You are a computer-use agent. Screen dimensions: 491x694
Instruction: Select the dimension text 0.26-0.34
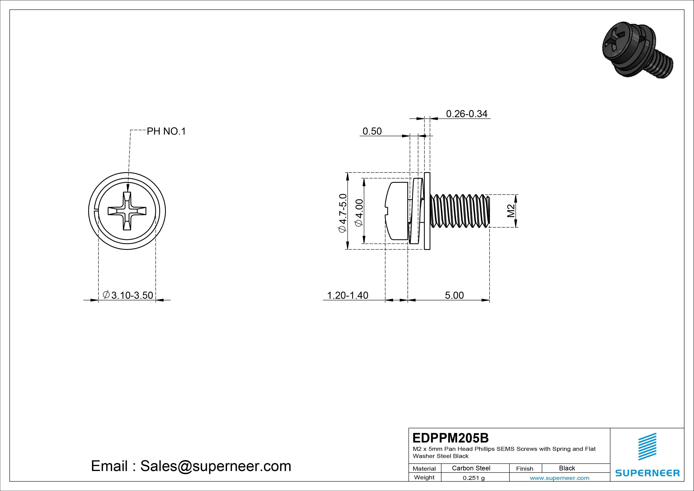tap(466, 114)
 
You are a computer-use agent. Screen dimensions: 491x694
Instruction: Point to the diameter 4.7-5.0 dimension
tap(343, 213)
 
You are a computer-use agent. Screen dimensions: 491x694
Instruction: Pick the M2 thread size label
tap(511, 211)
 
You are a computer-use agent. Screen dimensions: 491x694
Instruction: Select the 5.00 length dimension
tap(454, 295)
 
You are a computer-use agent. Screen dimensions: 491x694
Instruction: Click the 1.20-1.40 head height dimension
tap(348, 295)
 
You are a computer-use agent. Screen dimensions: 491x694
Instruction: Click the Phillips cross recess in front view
tap(127, 211)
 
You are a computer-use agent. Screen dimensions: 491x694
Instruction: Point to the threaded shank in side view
tap(459, 211)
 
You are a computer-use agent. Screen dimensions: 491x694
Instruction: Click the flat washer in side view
tap(427, 211)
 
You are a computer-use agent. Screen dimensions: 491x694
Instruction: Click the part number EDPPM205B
tap(450, 438)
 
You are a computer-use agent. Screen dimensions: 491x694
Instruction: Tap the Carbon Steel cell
tap(471, 468)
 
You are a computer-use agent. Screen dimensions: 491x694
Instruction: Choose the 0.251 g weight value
tap(474, 478)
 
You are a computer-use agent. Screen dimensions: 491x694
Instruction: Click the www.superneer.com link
tap(559, 478)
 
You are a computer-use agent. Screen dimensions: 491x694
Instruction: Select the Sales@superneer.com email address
tap(215, 466)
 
